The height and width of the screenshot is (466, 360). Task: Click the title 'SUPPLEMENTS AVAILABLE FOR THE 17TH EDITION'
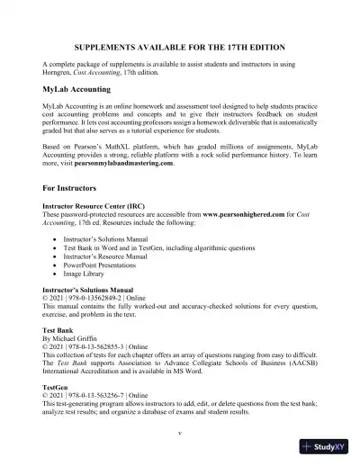(180, 45)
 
